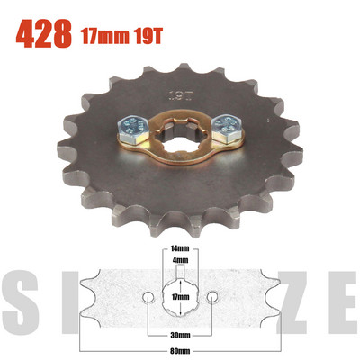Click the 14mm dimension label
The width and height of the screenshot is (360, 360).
pos(180,247)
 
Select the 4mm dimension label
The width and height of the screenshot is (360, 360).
pos(180,260)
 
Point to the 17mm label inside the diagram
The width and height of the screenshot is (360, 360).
pos(180,293)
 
